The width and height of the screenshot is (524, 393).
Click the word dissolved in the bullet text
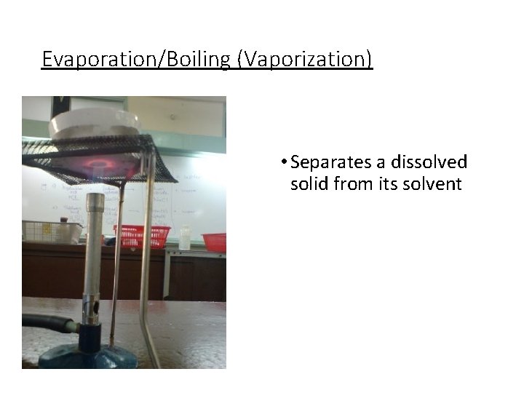pyautogui.click(x=428, y=162)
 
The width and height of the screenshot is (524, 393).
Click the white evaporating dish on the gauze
pyautogui.click(x=95, y=122)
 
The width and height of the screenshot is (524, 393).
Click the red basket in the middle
pyautogui.click(x=143, y=236)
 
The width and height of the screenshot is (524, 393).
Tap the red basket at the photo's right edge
pyautogui.click(x=215, y=242)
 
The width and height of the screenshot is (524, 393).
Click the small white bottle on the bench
pyautogui.click(x=185, y=237)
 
